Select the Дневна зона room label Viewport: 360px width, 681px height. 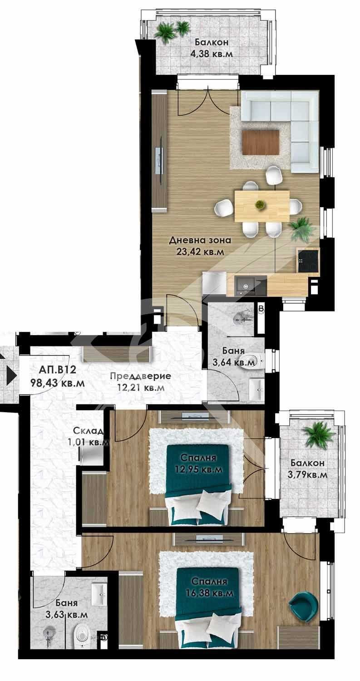pos(200,240)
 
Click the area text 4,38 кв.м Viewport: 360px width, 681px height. pos(211,53)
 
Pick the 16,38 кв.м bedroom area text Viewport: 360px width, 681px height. pos(209,592)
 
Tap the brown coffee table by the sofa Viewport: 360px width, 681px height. pos(261,142)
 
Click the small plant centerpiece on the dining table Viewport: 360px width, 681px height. pos(260,205)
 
